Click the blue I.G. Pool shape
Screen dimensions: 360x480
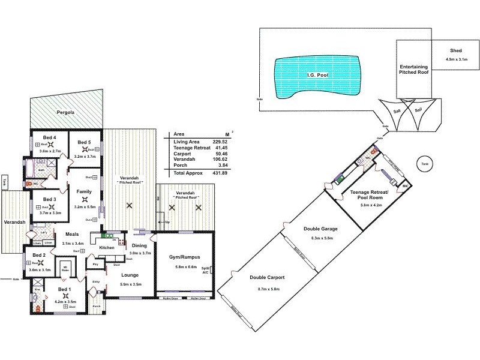click(316, 76)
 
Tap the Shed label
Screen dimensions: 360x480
click(455, 51)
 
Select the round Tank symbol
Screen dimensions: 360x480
click(425, 163)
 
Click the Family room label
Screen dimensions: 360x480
click(85, 191)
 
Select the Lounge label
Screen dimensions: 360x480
click(131, 275)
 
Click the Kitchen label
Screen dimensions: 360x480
click(106, 248)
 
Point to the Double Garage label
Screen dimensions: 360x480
click(321, 229)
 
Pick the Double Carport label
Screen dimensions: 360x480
click(267, 278)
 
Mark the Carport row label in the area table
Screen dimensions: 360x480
click(182, 154)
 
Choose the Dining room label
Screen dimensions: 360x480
click(139, 245)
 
